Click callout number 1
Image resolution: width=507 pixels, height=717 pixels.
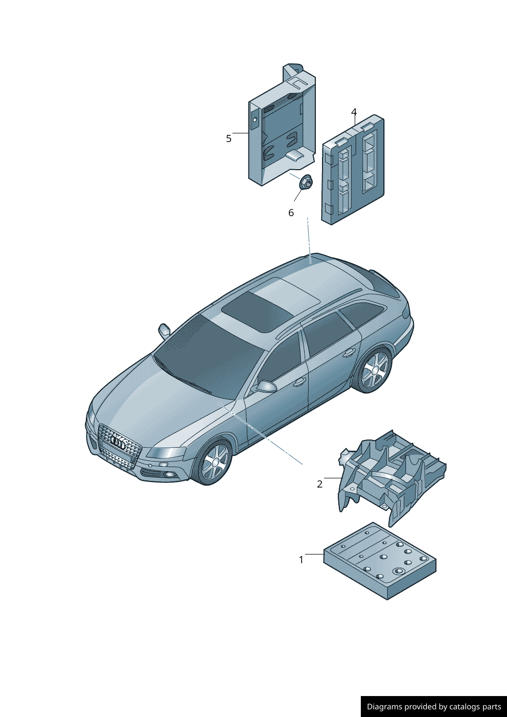[301, 560]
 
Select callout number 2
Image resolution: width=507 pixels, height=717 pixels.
[319, 484]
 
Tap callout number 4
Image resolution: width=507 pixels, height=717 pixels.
[354, 112]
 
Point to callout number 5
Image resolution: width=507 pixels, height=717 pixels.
[228, 138]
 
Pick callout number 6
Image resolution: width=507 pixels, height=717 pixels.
[291, 213]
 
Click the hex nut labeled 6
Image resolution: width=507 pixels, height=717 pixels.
[306, 182]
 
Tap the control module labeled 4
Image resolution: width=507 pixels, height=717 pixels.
[353, 170]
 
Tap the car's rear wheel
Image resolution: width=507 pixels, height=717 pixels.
[374, 369]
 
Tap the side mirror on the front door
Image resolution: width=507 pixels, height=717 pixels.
[266, 386]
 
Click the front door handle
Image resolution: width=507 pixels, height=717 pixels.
[300, 381]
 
